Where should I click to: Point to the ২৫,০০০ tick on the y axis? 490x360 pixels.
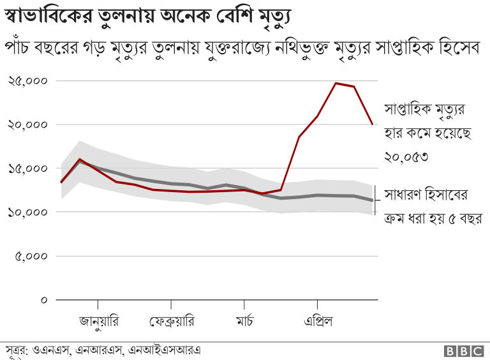point(28,81)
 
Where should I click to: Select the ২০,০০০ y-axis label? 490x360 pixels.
point(28,124)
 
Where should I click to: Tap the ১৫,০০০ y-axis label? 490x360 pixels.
point(28,169)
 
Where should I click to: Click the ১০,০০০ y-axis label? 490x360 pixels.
point(28,212)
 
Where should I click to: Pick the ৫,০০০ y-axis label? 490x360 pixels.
point(31,256)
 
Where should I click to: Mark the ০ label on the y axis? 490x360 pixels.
point(44,299)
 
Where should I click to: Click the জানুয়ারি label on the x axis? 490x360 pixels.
point(98,320)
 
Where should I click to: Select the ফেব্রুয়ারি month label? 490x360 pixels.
point(172,320)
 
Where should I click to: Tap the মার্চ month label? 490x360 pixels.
point(244,320)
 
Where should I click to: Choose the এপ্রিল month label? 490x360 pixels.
point(317,320)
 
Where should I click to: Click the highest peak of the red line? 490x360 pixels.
point(336,83)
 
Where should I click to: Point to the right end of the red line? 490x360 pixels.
point(373,124)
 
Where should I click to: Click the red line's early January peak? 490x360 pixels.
point(79,159)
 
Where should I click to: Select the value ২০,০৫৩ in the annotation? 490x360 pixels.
point(405,156)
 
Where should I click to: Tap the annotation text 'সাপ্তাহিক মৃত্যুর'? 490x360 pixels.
point(425,110)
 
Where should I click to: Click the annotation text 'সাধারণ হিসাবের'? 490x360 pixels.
point(427,194)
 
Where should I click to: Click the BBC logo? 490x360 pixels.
point(464,350)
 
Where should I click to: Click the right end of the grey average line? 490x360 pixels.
point(373,200)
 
